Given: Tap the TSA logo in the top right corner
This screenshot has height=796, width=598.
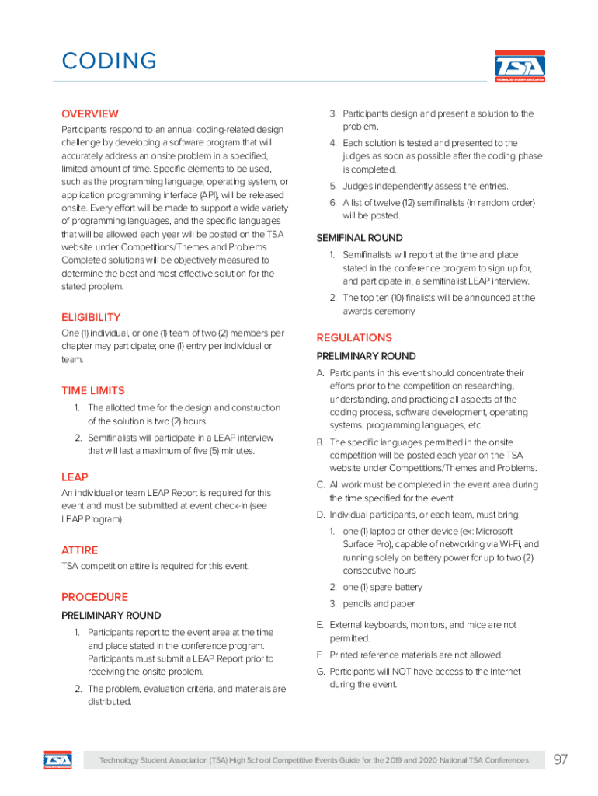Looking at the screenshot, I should (520, 66).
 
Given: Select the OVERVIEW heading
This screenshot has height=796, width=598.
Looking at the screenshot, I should (90, 113).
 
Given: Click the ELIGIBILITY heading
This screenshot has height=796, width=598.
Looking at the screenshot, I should (91, 317).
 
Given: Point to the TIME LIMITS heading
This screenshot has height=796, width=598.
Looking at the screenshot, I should (92, 390).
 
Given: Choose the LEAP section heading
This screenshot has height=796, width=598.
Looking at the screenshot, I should (75, 477).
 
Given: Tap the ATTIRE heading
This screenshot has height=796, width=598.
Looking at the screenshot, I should (79, 550).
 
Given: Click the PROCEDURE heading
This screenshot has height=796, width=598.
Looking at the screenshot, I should (95, 597).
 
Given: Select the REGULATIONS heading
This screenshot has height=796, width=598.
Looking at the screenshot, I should (354, 337).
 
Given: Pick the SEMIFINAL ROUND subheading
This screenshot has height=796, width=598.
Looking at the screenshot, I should (360, 238).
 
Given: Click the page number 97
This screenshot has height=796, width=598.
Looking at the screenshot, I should (560, 759).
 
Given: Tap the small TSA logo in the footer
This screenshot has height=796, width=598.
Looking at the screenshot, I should (57, 759).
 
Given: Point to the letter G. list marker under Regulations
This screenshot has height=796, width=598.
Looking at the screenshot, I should (320, 672).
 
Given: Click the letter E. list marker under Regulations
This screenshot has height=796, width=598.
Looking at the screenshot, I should (319, 625).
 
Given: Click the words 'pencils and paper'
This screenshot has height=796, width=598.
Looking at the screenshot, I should (378, 604).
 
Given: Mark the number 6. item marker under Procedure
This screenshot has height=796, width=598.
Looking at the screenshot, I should (332, 203).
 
